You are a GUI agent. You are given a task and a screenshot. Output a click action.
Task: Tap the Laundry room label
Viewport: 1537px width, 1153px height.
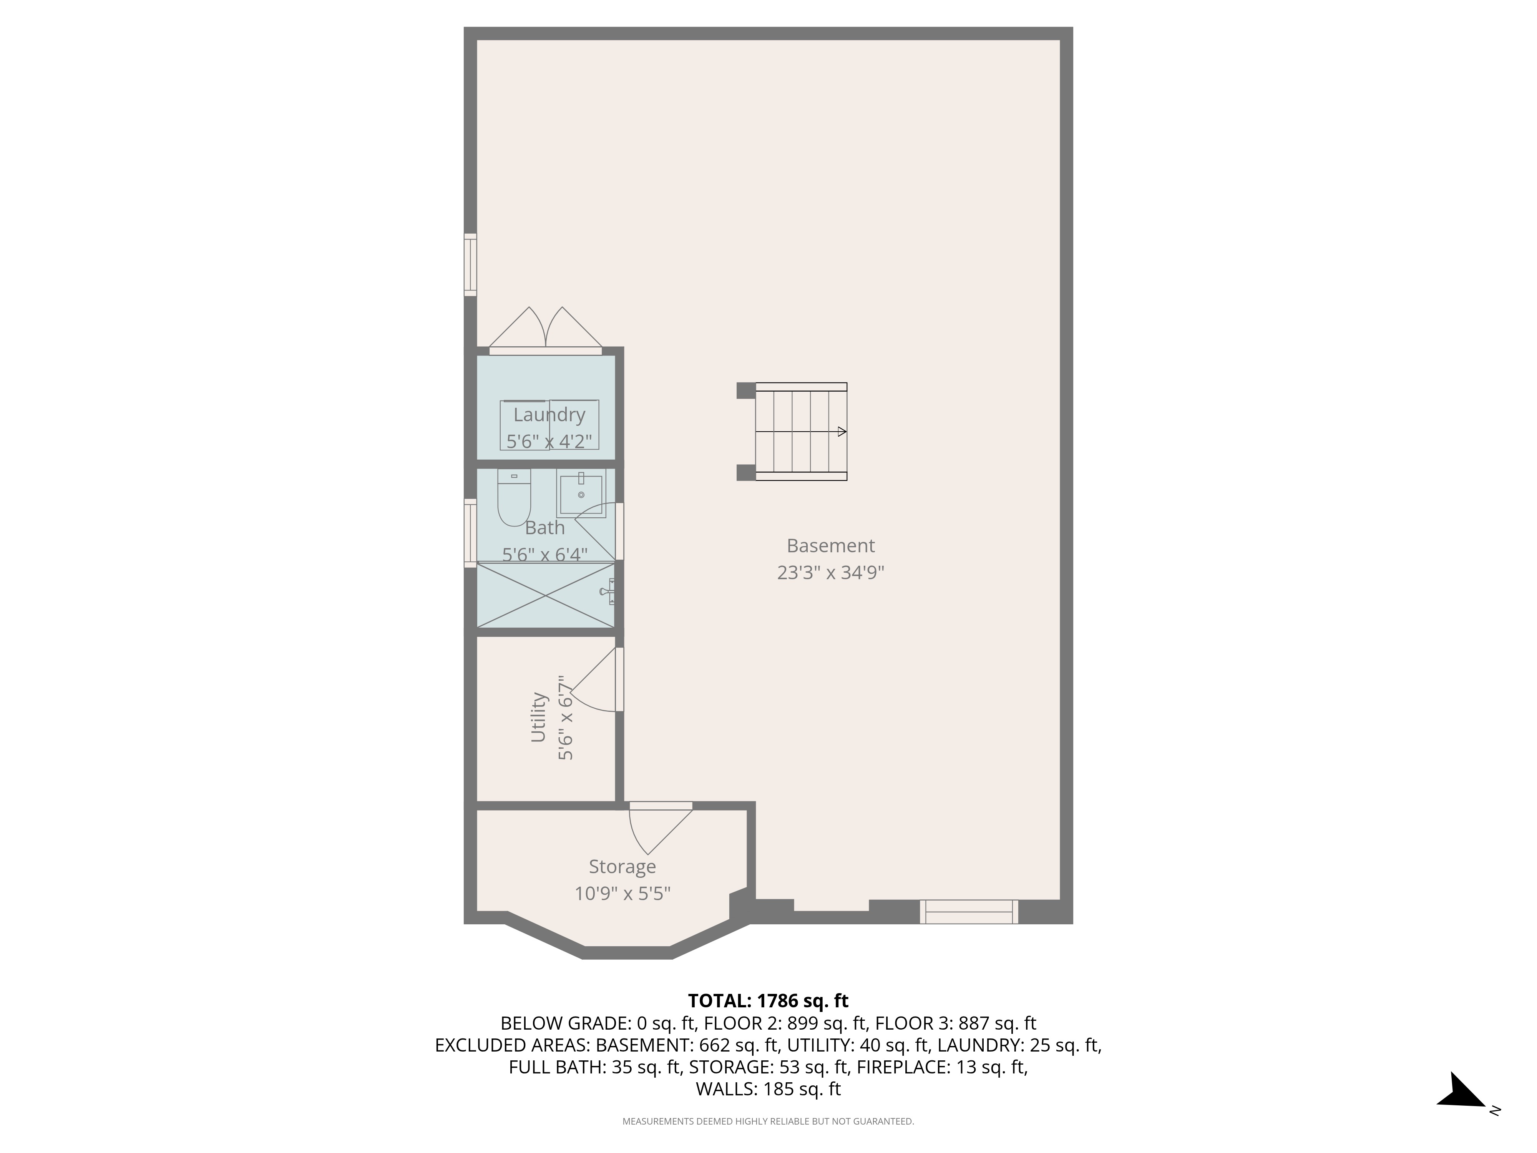pos(549,415)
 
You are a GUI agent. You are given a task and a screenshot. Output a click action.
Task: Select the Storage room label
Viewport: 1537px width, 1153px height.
pos(622,867)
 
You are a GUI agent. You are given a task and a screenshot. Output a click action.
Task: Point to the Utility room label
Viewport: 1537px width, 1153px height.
pos(538,716)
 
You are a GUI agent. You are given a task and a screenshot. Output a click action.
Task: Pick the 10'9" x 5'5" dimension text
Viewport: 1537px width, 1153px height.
pos(622,893)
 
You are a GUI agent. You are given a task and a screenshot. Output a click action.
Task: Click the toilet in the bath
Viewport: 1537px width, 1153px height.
pos(514,498)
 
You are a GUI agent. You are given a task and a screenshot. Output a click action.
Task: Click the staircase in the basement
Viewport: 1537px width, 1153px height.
pos(800,432)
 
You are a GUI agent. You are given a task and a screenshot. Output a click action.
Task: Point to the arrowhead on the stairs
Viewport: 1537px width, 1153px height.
pos(842,432)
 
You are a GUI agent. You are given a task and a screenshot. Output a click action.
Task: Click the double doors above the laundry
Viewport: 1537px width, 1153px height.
pos(546,331)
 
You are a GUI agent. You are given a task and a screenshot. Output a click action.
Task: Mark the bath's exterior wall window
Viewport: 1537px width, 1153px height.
pos(470,533)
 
